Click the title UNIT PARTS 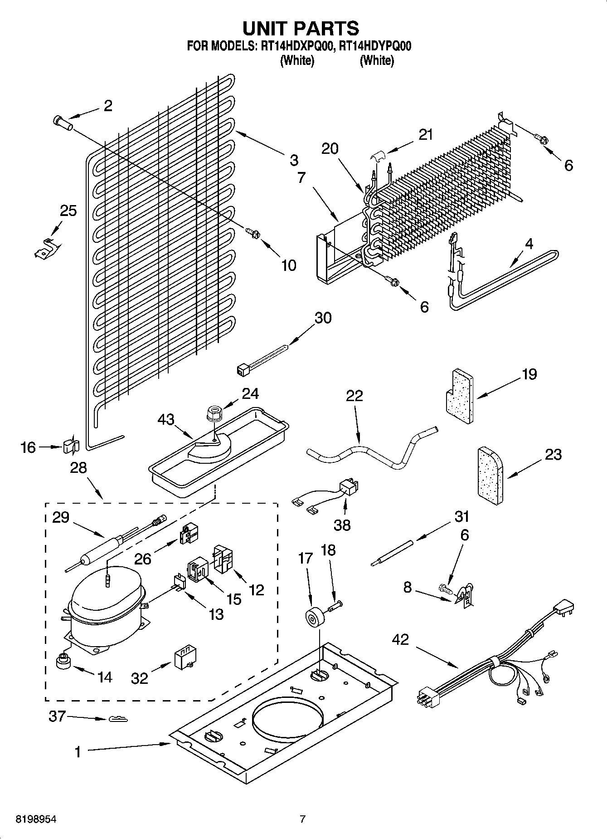pyautogui.click(x=301, y=28)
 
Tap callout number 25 pyautogui.click(x=68, y=211)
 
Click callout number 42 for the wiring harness pyautogui.click(x=401, y=639)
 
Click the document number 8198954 pyautogui.click(x=36, y=819)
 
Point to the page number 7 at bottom pyautogui.click(x=303, y=819)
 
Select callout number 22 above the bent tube pyautogui.click(x=354, y=396)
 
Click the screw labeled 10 pyautogui.click(x=253, y=233)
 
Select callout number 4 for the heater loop pyautogui.click(x=528, y=244)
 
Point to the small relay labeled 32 pyautogui.click(x=185, y=658)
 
